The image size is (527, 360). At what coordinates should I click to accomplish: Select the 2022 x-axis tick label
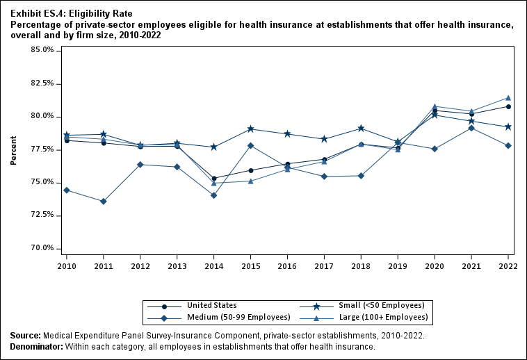coord(508,265)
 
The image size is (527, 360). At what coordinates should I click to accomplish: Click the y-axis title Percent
coord(14,150)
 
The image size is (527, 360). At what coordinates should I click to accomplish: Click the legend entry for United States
coord(211,305)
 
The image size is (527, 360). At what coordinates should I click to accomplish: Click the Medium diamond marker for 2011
coord(104,202)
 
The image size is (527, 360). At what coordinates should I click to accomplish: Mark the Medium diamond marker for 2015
coord(250,146)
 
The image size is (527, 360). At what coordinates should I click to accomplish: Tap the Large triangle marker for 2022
coord(508,98)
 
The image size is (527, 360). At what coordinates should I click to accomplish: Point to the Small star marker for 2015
coord(250,129)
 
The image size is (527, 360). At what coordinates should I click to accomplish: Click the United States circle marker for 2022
coord(508,106)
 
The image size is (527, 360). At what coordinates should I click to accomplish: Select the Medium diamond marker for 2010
coord(67,190)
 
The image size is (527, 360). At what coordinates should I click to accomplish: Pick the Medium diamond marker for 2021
coord(471,128)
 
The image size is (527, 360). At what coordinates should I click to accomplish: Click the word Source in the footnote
coord(25,336)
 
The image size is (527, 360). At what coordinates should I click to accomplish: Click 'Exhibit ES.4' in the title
coord(34,13)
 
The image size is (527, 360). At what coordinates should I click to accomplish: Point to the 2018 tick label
coord(361,265)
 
